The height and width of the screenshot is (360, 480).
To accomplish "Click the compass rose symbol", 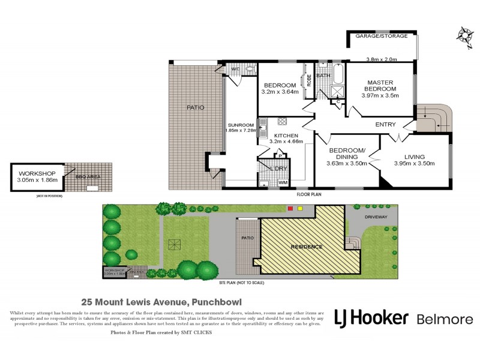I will point(464,33).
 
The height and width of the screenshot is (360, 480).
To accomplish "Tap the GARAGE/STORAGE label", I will point(382,37).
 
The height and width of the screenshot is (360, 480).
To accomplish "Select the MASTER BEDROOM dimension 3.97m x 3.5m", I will point(380,95).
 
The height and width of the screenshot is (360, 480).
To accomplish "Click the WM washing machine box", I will point(281,182).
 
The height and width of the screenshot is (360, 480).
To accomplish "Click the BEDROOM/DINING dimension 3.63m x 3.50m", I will point(347,163).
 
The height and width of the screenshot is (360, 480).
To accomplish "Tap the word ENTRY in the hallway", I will point(385,125).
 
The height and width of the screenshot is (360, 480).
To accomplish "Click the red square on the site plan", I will point(290,209).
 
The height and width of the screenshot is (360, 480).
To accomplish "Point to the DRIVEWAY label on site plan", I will point(376,217).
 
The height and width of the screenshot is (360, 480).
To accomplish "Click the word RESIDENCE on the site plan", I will point(307,247).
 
